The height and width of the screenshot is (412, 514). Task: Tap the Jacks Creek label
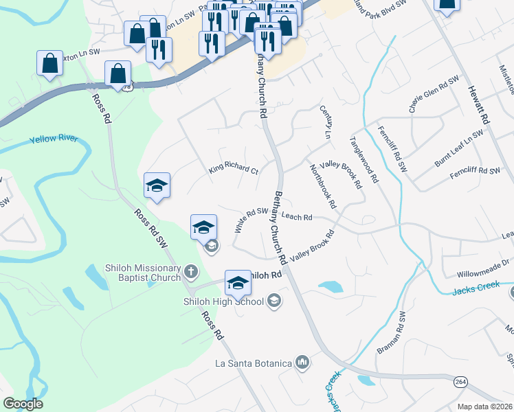[476, 288]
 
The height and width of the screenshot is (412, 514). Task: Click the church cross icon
[191, 273]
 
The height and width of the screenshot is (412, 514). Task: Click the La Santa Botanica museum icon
[302, 362]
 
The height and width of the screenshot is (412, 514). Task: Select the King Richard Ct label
[234, 169]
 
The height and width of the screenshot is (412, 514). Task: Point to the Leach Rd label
[297, 217]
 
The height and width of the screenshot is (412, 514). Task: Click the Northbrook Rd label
[322, 186]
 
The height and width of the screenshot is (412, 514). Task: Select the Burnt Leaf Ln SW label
[459, 149]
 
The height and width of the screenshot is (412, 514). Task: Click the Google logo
[23, 404]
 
